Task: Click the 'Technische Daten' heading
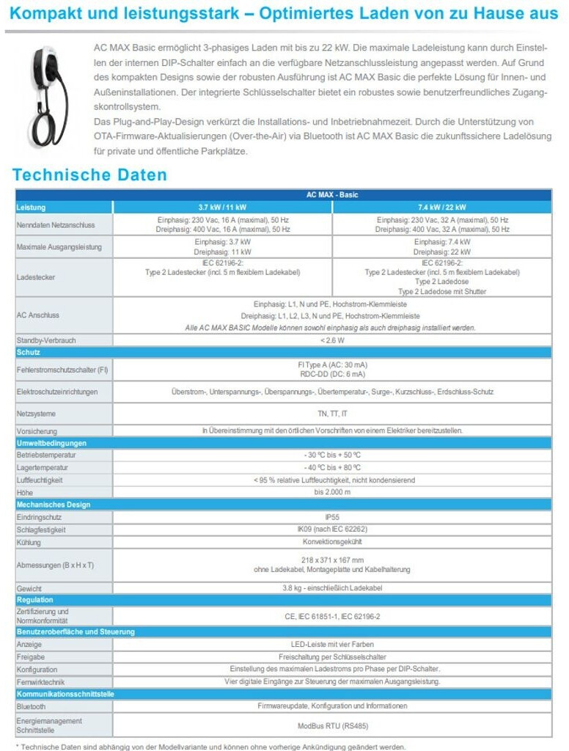pyautogui.click(x=89, y=175)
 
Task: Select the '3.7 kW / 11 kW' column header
pyautogui.click(x=222, y=208)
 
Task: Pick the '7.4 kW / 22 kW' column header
pyautogui.click(x=441, y=208)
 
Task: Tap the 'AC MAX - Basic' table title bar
pyautogui.click(x=332, y=195)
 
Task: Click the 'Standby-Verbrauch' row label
pyautogui.click(x=46, y=340)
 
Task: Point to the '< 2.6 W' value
pyautogui.click(x=332, y=340)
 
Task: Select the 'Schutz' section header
pyautogui.click(x=29, y=352)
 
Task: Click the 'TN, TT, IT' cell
pyautogui.click(x=332, y=414)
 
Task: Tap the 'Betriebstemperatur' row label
pyautogui.click(x=46, y=455)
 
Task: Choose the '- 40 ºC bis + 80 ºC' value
pyautogui.click(x=332, y=467)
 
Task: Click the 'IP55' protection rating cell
pyautogui.click(x=332, y=517)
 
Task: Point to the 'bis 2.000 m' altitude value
pyautogui.click(x=332, y=492)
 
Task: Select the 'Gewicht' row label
pyautogui.click(x=29, y=588)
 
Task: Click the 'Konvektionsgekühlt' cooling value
pyautogui.click(x=332, y=542)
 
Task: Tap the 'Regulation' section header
pyautogui.click(x=35, y=600)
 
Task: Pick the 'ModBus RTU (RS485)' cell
pyautogui.click(x=332, y=725)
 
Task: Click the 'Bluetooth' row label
pyautogui.click(x=31, y=706)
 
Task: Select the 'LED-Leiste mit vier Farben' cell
pyautogui.click(x=332, y=645)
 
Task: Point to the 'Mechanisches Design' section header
pyautogui.click(x=54, y=505)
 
